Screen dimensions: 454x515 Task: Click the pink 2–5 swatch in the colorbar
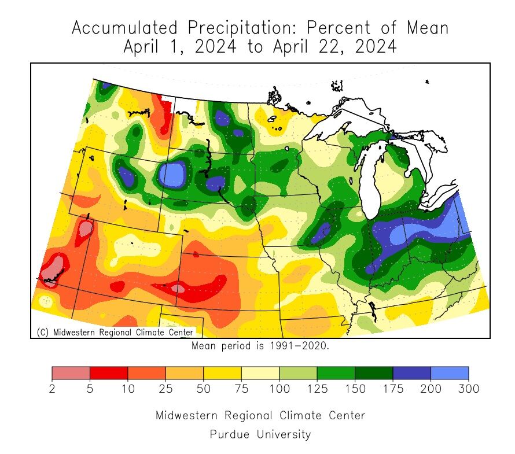pos(71,373)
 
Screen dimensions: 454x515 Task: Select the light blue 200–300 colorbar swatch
pos(450,373)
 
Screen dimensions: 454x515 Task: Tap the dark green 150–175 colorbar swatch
pos(374,373)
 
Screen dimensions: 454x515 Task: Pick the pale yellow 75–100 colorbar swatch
pos(260,373)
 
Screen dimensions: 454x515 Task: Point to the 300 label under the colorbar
pos(468,389)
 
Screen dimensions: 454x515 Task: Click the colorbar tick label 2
pos(52,389)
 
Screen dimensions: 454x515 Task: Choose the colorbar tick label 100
pos(279,389)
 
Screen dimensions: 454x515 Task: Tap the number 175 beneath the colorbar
pos(392,389)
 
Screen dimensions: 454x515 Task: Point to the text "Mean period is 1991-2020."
pos(260,346)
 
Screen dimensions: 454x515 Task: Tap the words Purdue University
pos(260,434)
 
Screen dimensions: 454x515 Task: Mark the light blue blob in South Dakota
pos(173,173)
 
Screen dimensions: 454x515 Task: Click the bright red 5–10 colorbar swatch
pos(109,373)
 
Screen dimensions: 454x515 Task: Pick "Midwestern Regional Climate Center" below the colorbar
pos(260,415)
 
